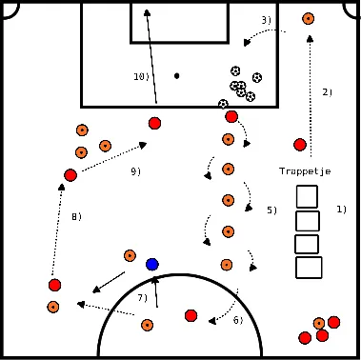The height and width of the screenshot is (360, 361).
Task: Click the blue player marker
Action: pos(152,264)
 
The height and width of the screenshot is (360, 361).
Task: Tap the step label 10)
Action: pos(141,76)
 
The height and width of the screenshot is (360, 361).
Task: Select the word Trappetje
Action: pos(304,171)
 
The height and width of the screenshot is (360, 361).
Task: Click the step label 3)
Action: pos(266,20)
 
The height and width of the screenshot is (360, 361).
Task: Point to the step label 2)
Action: pos(327,92)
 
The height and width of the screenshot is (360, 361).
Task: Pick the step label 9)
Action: pos(136,171)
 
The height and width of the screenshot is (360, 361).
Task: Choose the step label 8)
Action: pos(76,217)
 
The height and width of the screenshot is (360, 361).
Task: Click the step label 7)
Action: pos(142,298)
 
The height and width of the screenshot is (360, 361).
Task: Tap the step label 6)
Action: pos(238,320)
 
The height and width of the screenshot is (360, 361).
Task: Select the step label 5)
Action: pos(271,210)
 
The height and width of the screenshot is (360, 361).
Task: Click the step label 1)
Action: pos(341,209)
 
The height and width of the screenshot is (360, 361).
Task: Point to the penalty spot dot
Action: pos(176,75)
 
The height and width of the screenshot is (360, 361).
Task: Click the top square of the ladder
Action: pos(307,197)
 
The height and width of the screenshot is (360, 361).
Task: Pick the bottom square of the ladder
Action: pos(309,268)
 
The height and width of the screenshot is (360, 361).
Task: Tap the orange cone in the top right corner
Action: pos(308,18)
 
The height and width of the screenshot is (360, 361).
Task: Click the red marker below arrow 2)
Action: pos(300,145)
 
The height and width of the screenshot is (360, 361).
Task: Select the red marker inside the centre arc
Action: pos(191,315)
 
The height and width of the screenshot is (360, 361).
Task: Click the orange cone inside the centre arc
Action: pos(147,325)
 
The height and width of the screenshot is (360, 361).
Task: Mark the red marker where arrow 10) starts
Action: pos(154,123)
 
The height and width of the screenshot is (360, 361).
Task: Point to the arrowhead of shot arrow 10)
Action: pos(147,12)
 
